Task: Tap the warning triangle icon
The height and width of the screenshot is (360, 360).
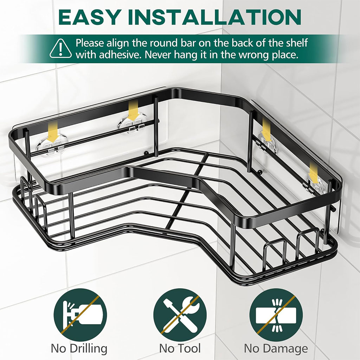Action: click(60, 49)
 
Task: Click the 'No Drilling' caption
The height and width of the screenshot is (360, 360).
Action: click(79, 348)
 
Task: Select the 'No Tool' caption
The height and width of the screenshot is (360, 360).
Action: click(180, 348)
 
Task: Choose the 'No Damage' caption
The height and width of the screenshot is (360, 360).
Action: click(276, 348)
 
